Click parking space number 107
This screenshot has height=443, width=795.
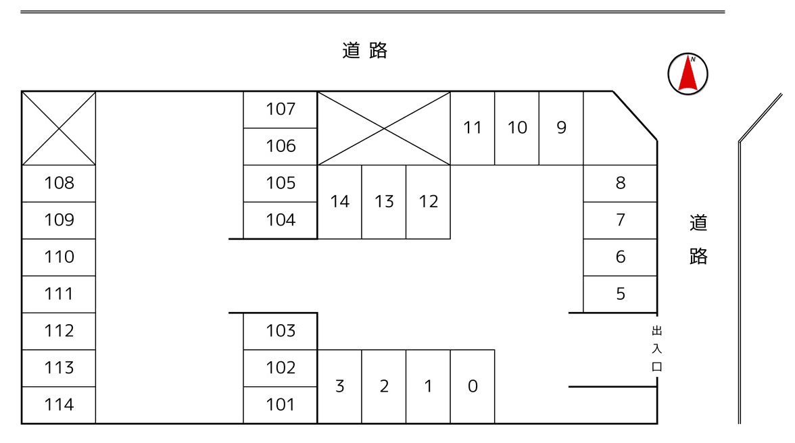[281, 109]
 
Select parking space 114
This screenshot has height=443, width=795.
[59, 405]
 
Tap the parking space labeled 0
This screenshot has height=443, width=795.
[473, 386]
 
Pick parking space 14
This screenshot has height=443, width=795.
[339, 202]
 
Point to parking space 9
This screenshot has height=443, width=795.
[561, 128]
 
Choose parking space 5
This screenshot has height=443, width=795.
[620, 294]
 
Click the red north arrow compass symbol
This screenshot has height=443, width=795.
[688, 74]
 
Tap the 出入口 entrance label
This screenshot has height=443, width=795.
[656, 349]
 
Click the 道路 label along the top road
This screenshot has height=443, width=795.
[365, 51]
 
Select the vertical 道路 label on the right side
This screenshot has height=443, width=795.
[698, 239]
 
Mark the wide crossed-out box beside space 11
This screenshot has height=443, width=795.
[384, 128]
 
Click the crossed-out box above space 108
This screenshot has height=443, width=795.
[59, 128]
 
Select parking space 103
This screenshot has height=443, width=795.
[281, 331]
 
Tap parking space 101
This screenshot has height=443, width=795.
[281, 405]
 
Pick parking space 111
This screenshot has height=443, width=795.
[59, 294]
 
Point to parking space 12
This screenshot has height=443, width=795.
[428, 202]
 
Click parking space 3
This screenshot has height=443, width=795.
[339, 386]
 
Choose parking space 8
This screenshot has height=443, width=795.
[620, 183]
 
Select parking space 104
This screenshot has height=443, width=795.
[281, 220]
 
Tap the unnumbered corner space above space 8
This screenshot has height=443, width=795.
[615, 132]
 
